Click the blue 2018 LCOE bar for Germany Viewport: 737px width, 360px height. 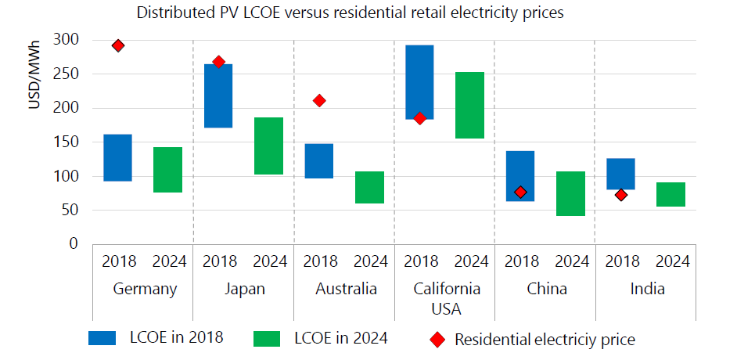point(117,157)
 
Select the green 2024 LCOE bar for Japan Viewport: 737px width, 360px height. point(268,146)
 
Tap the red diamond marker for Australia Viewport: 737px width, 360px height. point(318,100)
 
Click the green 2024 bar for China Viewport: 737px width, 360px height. point(570,193)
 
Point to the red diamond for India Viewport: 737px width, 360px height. point(620,195)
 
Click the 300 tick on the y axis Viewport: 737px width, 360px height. point(69,40)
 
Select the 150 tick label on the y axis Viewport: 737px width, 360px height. point(69,142)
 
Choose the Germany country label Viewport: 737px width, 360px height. point(145,289)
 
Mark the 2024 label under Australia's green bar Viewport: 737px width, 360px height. point(369,261)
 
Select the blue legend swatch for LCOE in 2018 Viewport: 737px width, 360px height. point(102,337)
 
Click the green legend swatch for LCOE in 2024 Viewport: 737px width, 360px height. point(268,337)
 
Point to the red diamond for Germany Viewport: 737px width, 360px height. point(118,45)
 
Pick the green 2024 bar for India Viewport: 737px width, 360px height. point(670,194)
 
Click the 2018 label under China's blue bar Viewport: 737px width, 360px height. point(520,261)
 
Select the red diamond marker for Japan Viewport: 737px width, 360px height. point(218,62)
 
